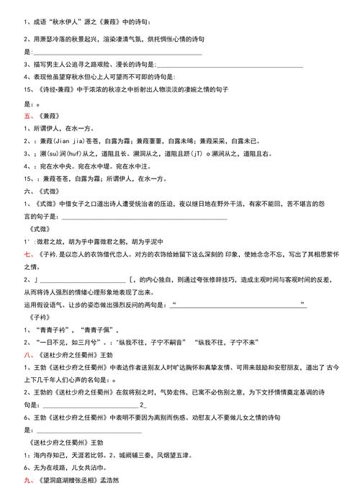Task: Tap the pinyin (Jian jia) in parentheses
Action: [73, 141]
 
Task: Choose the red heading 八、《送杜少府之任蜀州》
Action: [68, 355]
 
